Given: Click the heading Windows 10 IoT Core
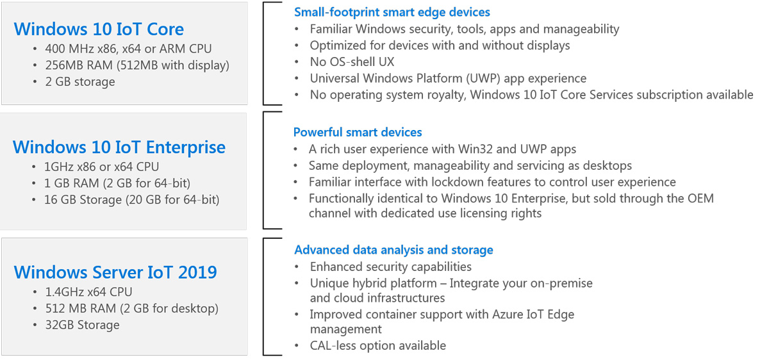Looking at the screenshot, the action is (99, 29).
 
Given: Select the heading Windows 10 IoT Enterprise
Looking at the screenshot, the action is (119, 147).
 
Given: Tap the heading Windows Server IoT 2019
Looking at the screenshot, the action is (115, 272).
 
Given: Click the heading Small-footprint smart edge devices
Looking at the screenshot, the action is (392, 12).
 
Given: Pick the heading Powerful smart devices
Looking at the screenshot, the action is (358, 132).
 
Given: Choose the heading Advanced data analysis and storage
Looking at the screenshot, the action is (393, 250).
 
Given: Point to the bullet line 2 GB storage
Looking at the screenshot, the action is (80, 82).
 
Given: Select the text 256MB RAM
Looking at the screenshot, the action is (79, 65).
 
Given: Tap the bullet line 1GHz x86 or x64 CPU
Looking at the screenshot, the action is (101, 167).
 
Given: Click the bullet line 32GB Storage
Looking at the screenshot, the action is (83, 325).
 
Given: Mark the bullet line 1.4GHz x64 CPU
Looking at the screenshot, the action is (88, 292).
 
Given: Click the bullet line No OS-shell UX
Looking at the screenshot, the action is (352, 61).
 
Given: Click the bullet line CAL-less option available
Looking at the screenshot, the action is (378, 345).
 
